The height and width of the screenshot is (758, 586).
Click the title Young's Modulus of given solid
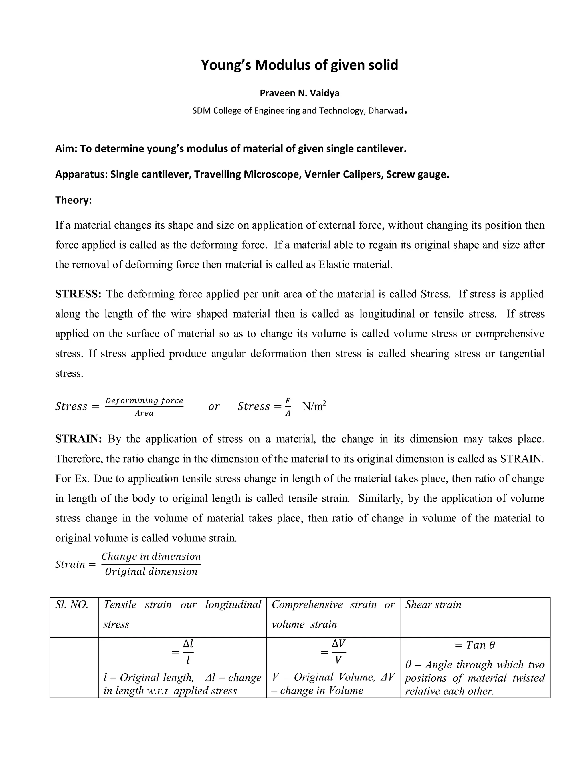(x=299, y=65)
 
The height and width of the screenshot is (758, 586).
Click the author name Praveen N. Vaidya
(x=299, y=93)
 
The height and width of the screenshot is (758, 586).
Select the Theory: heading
(x=73, y=200)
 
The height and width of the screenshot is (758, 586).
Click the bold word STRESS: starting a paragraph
(x=78, y=294)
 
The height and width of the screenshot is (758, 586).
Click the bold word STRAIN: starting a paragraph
(x=78, y=439)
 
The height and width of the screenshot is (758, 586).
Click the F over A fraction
(x=288, y=407)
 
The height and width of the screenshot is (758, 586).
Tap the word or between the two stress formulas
(x=214, y=406)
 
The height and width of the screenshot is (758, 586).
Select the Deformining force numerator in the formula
(x=144, y=400)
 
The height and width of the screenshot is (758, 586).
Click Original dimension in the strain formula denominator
(x=151, y=571)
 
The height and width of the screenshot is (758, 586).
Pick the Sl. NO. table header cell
(x=72, y=605)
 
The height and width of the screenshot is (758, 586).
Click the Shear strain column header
(x=433, y=605)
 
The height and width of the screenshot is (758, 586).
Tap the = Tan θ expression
(x=475, y=645)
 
